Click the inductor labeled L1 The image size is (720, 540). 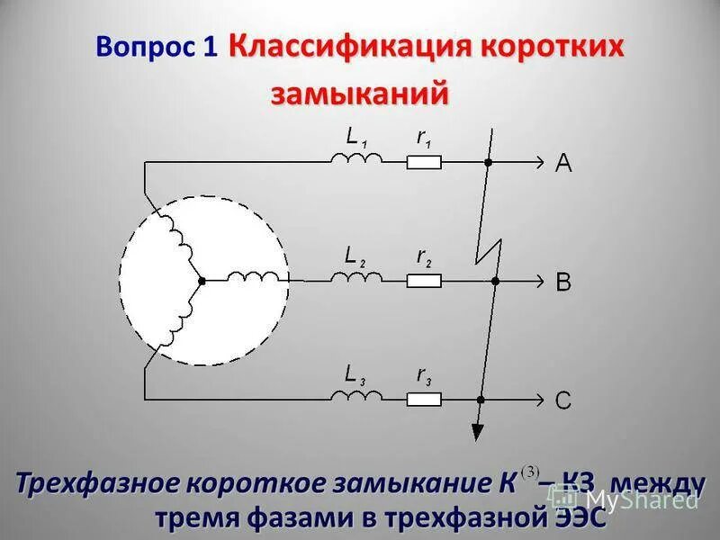[355, 159]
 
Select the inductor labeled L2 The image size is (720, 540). [355, 278]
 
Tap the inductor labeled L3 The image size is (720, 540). [355, 395]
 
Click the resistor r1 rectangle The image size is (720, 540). [423, 163]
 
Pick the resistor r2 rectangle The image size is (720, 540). [423, 281]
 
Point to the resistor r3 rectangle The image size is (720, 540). [423, 398]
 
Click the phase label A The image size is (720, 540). [563, 163]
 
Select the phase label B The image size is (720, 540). [563, 282]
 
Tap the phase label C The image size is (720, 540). [563, 400]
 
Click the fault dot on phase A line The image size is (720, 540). [488, 163]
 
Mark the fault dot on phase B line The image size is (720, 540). [493, 282]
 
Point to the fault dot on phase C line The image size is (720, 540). [482, 399]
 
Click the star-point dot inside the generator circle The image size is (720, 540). [202, 281]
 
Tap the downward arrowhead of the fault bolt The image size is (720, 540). [476, 429]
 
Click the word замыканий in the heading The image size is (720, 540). [360, 92]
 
